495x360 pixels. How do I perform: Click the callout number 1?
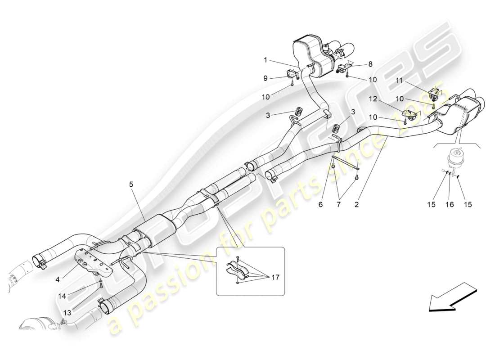point(265,59)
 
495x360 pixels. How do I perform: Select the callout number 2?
point(356,205)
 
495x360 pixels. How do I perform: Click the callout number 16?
point(450,205)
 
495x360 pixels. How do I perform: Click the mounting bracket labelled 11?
point(434,94)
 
